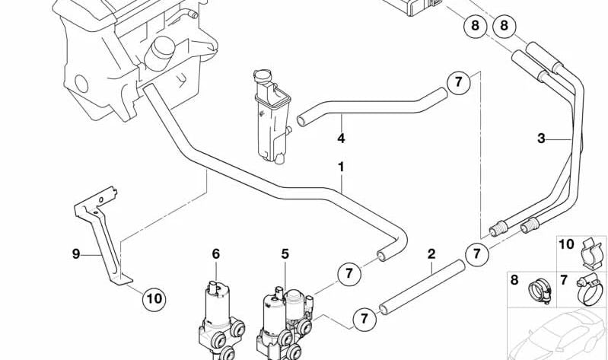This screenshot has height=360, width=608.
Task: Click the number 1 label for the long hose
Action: click(341, 165)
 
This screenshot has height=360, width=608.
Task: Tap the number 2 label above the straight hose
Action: click(431, 253)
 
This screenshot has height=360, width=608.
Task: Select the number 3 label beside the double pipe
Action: click(541, 139)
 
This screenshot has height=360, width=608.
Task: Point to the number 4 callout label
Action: click(341, 139)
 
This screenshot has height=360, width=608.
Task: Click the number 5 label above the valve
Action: click(285, 253)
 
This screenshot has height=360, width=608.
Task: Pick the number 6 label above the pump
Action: click(215, 253)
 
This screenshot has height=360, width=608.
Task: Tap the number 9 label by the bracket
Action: click(75, 253)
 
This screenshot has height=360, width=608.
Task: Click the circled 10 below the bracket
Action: click(154, 298)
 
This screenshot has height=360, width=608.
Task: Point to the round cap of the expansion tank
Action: click(260, 76)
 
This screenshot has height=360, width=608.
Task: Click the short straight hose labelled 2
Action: click(423, 285)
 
